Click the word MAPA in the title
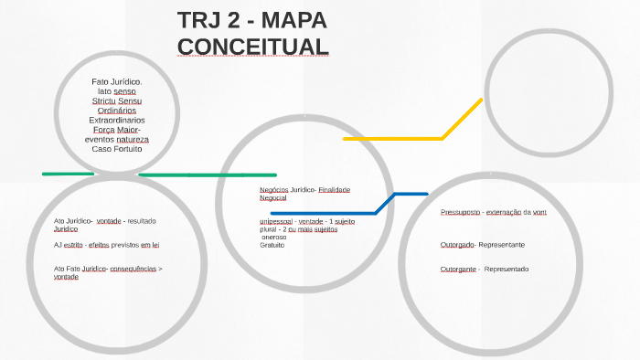pyautogui.click(x=287, y=20)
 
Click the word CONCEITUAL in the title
pyautogui.click(x=252, y=46)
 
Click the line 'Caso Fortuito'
pyautogui.click(x=117, y=148)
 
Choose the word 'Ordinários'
pyautogui.click(x=117, y=110)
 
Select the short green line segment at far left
pyautogui.click(x=68, y=174)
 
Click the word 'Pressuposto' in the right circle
pyautogui.click(x=460, y=212)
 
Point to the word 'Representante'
pyautogui.click(x=501, y=245)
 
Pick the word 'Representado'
pyautogui.click(x=507, y=269)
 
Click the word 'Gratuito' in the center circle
pyautogui.click(x=272, y=245)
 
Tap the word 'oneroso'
pyautogui.click(x=273, y=237)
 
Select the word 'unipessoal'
pyautogui.click(x=276, y=221)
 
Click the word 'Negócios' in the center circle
pyautogui.click(x=274, y=189)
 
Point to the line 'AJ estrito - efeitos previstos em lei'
pyautogui.click(x=106, y=245)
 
